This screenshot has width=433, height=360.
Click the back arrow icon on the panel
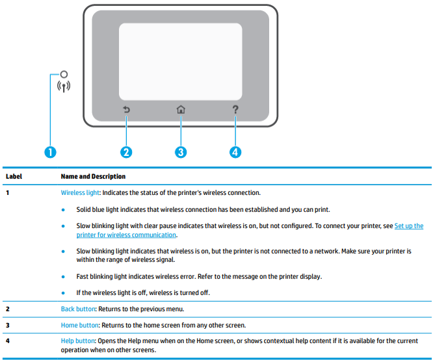[x=126, y=110]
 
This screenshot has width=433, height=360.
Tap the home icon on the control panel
[x=181, y=110]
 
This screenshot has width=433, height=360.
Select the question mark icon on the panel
[x=235, y=109]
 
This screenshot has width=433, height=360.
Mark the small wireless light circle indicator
[x=64, y=75]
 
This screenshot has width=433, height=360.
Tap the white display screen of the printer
[x=181, y=58]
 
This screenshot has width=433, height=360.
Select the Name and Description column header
[x=93, y=177]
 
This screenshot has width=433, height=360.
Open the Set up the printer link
[x=408, y=226]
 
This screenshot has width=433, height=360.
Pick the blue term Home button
[x=78, y=325]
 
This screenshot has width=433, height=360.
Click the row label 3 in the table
[x=7, y=325]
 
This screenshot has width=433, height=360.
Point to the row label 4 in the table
[x=7, y=341]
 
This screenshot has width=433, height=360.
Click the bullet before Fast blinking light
[x=63, y=276]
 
